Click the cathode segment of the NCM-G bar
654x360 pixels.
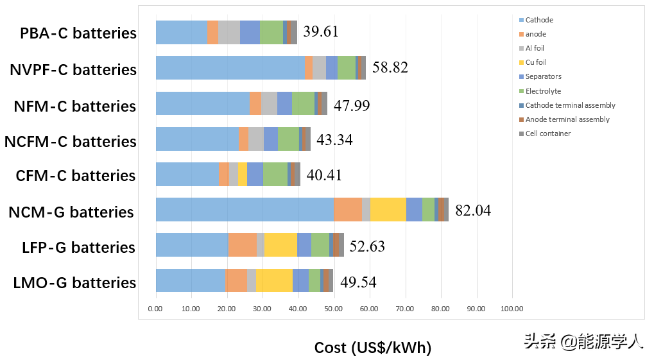245,210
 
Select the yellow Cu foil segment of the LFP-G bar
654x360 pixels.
280,245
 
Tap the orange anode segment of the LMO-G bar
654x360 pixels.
236,281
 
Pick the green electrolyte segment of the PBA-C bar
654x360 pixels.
271,32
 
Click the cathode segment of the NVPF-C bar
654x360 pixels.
230,68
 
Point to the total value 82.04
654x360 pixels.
473,210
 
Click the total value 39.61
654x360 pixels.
320,32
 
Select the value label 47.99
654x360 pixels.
352,105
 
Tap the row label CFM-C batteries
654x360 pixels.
76,176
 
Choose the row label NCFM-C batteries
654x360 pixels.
71,141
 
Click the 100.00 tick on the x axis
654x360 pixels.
512,309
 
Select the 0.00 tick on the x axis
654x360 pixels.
156,309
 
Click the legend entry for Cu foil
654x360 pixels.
536,62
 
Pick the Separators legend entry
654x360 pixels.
543,76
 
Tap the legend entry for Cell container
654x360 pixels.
547,133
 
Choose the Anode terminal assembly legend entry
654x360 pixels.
567,119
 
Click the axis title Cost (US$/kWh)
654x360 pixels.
372,348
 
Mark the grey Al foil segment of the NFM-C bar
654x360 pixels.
269,103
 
